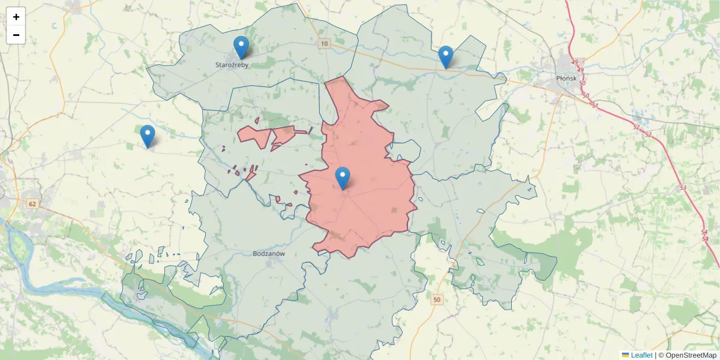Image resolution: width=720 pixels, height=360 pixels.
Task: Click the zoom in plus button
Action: [x=16, y=17]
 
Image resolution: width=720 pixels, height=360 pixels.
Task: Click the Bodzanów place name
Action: [x=268, y=254]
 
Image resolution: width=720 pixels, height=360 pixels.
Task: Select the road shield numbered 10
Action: [x=325, y=44]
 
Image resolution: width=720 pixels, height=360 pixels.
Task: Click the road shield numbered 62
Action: [x=32, y=204]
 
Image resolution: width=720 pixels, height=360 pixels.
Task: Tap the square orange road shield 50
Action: [x=436, y=299]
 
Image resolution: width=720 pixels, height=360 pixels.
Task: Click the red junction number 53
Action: [x=683, y=188]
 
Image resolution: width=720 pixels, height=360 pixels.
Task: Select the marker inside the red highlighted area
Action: [x=343, y=178]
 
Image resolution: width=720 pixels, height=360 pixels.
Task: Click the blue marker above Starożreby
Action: [x=241, y=47]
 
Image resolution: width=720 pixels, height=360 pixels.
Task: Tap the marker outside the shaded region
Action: [x=148, y=136]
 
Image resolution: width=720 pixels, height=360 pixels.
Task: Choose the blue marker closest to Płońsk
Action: [x=446, y=56]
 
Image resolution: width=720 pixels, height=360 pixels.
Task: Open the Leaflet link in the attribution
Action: [x=641, y=355]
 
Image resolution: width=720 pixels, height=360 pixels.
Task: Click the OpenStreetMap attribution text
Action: [x=688, y=355]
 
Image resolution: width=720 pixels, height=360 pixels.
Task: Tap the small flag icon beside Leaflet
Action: [x=625, y=355]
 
